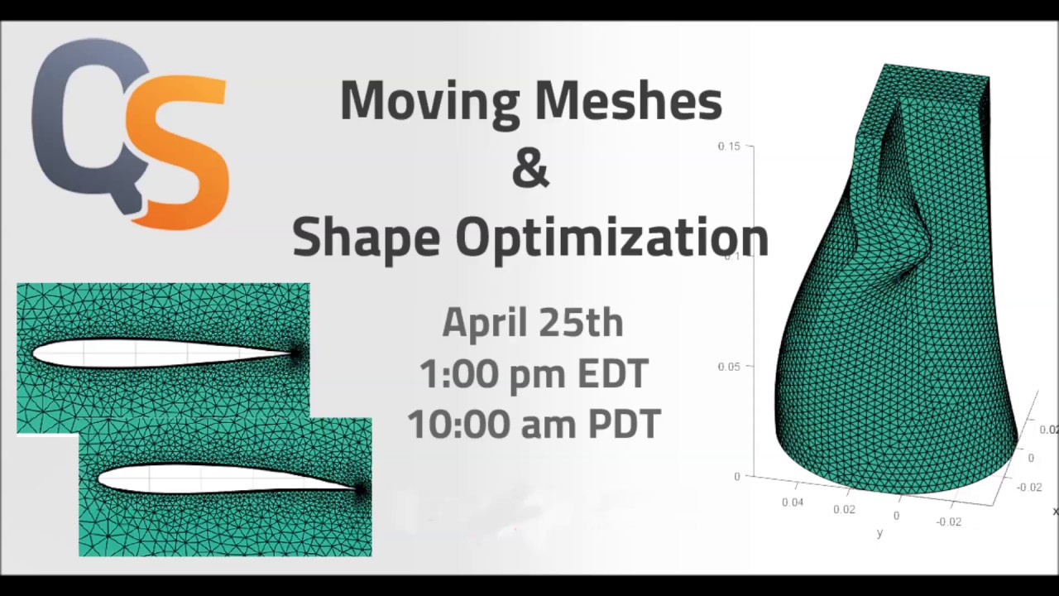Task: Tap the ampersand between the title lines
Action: click(530, 168)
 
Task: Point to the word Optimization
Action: click(611, 238)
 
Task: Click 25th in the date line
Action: click(582, 322)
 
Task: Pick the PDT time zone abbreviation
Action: click(625, 425)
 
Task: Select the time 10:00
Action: click(451, 425)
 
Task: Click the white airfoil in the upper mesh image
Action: click(149, 353)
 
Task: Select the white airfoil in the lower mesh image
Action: click(207, 478)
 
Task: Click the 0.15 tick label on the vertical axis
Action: click(729, 147)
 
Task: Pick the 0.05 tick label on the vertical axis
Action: click(729, 367)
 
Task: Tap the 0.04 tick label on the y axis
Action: click(792, 502)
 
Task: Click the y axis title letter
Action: click(879, 534)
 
